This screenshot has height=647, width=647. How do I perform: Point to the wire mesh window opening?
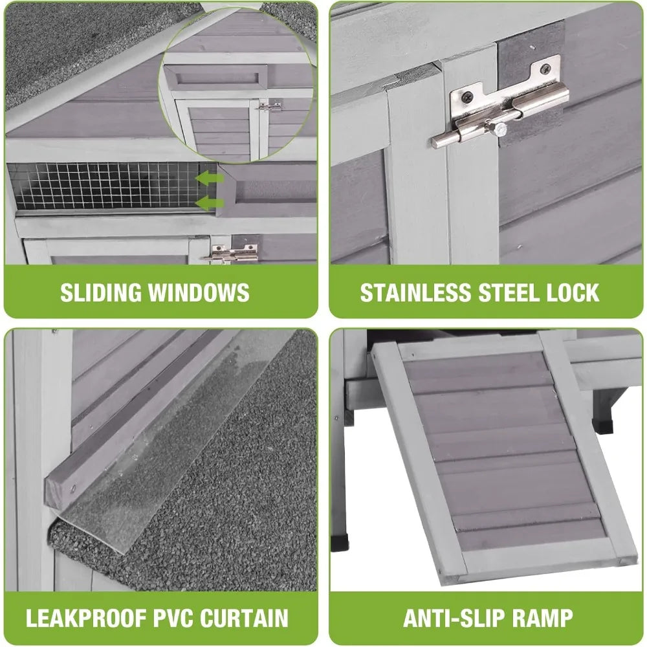(104, 186)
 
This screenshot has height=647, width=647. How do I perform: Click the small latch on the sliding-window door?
(231, 254)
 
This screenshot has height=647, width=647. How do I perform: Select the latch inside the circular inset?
(268, 107)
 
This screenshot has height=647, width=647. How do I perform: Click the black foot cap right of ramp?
(606, 428)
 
